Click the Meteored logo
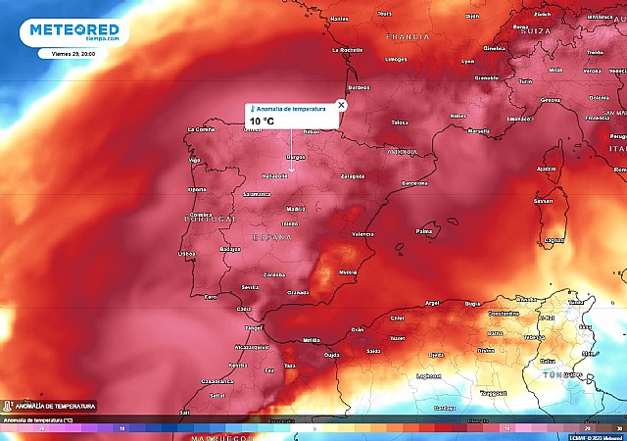click(x=74, y=31)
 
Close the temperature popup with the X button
click(x=341, y=104)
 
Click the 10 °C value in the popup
click(x=262, y=121)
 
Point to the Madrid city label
click(x=295, y=209)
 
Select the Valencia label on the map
click(x=362, y=234)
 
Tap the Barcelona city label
click(x=415, y=182)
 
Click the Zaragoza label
click(x=352, y=176)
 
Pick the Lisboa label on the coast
click(x=187, y=253)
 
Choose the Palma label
click(x=424, y=232)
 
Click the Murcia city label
click(x=347, y=271)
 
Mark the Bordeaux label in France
click(x=358, y=88)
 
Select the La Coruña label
click(x=200, y=129)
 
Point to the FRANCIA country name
click(x=408, y=36)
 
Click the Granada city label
click(x=300, y=293)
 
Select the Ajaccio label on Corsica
click(x=547, y=169)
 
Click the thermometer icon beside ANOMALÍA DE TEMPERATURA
click(x=8, y=405)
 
